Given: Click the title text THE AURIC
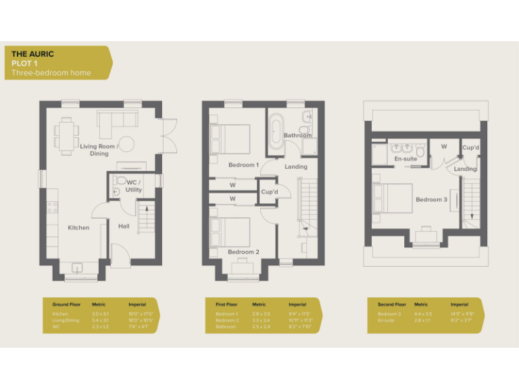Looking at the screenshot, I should [x=32, y=54].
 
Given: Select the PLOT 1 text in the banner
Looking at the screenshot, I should [x=25, y=63].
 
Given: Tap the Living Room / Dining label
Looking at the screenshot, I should [x=99, y=149].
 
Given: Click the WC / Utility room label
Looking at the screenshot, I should [x=133, y=186].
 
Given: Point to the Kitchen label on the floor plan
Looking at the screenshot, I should [x=78, y=228].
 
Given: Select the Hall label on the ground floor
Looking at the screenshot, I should [x=124, y=226].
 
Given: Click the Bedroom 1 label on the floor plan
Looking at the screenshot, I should [x=243, y=165].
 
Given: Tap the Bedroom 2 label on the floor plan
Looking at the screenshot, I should [x=243, y=252].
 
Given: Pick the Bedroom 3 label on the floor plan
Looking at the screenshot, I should [x=431, y=199].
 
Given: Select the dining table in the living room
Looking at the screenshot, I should [x=66, y=135].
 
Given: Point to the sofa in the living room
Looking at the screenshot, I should [x=118, y=120].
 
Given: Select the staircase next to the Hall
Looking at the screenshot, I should [x=147, y=219].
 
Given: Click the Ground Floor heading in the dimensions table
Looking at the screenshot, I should [x=66, y=305].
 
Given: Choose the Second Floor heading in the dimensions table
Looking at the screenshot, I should [x=392, y=305].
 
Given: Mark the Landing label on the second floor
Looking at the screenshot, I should [x=465, y=169].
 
